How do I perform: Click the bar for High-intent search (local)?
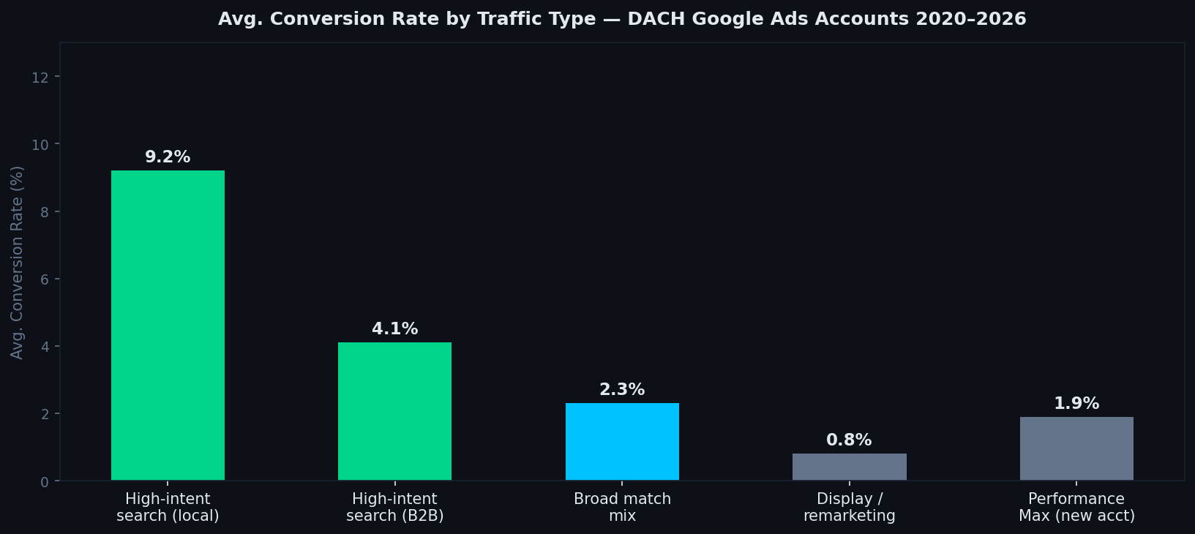168,326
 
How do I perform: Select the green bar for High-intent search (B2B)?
394,411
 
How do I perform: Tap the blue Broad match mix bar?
622,442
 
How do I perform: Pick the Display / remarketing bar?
849,467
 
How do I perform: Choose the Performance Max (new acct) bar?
1076,448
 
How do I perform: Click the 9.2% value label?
168,157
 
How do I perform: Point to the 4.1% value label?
394,329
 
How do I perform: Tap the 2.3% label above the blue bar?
622,390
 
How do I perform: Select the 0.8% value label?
849,440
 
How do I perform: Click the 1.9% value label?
1076,404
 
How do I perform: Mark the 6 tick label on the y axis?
45,279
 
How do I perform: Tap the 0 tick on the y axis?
45,481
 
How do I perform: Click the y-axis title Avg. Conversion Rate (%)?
17,262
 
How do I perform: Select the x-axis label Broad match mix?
622,507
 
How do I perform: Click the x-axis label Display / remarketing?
849,507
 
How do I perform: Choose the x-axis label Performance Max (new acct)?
1076,507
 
